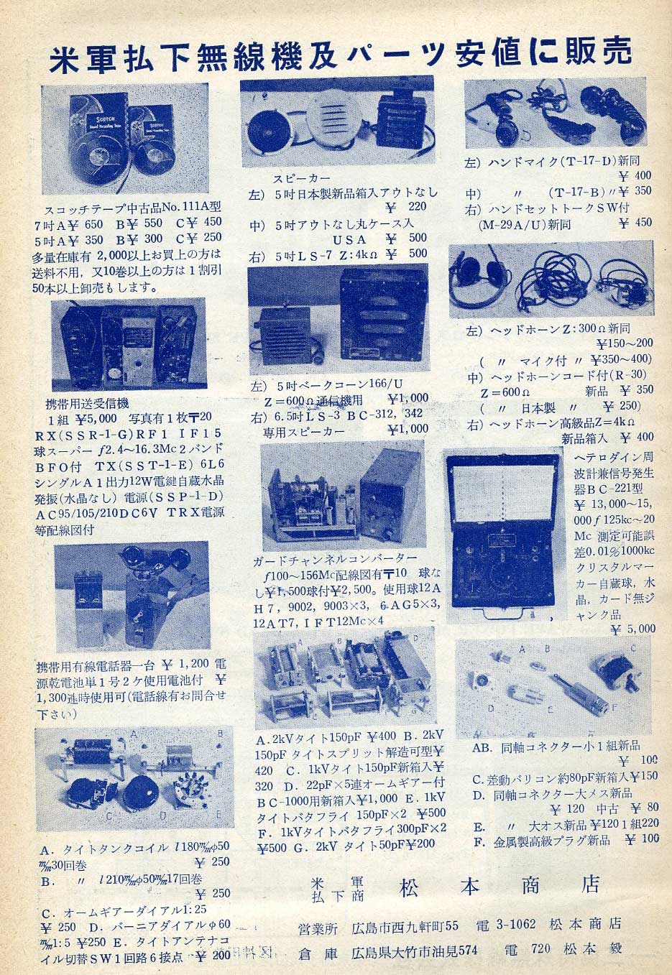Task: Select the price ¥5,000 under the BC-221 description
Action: pyautogui.click(x=633, y=629)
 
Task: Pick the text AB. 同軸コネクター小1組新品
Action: pyautogui.click(x=555, y=746)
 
